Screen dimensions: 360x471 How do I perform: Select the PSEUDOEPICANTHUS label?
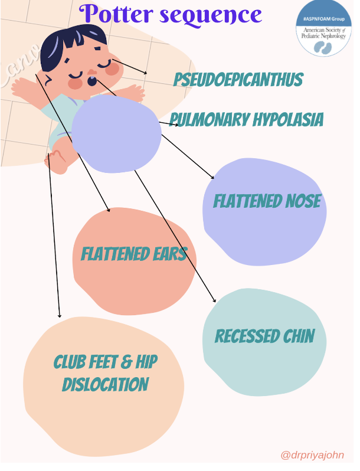pyautogui.click(x=238, y=80)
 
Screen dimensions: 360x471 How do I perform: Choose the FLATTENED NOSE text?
pyautogui.click(x=267, y=201)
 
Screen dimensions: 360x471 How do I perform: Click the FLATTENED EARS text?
pyautogui.click(x=134, y=254)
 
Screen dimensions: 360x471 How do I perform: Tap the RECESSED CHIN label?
pyautogui.click(x=264, y=336)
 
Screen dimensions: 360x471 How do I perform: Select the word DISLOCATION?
pyautogui.click(x=105, y=385)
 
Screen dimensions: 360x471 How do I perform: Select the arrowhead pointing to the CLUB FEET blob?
pyautogui.click(x=59, y=316)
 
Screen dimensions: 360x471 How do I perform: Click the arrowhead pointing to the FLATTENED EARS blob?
pyautogui.click(x=109, y=209)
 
